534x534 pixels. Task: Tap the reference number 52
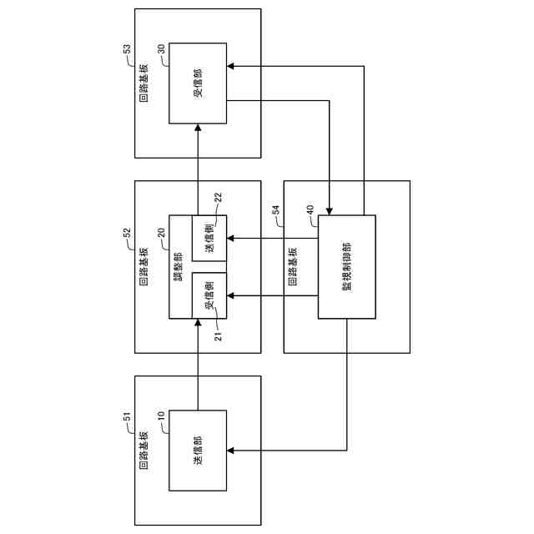click(127, 234)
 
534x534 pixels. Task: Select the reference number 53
click(127, 51)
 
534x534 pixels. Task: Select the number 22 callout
click(218, 197)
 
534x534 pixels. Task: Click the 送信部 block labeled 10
click(198, 451)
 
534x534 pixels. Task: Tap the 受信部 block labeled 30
click(198, 83)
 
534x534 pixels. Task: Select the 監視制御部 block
click(347, 267)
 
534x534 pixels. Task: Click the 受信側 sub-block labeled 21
click(209, 295)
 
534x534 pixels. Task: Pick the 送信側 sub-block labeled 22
click(209, 237)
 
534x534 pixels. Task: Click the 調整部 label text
click(179, 267)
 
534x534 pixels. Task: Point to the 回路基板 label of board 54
click(293, 267)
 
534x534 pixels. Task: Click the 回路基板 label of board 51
click(144, 451)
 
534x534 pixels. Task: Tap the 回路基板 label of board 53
click(144, 83)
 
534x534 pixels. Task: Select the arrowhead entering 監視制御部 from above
click(331, 209)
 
